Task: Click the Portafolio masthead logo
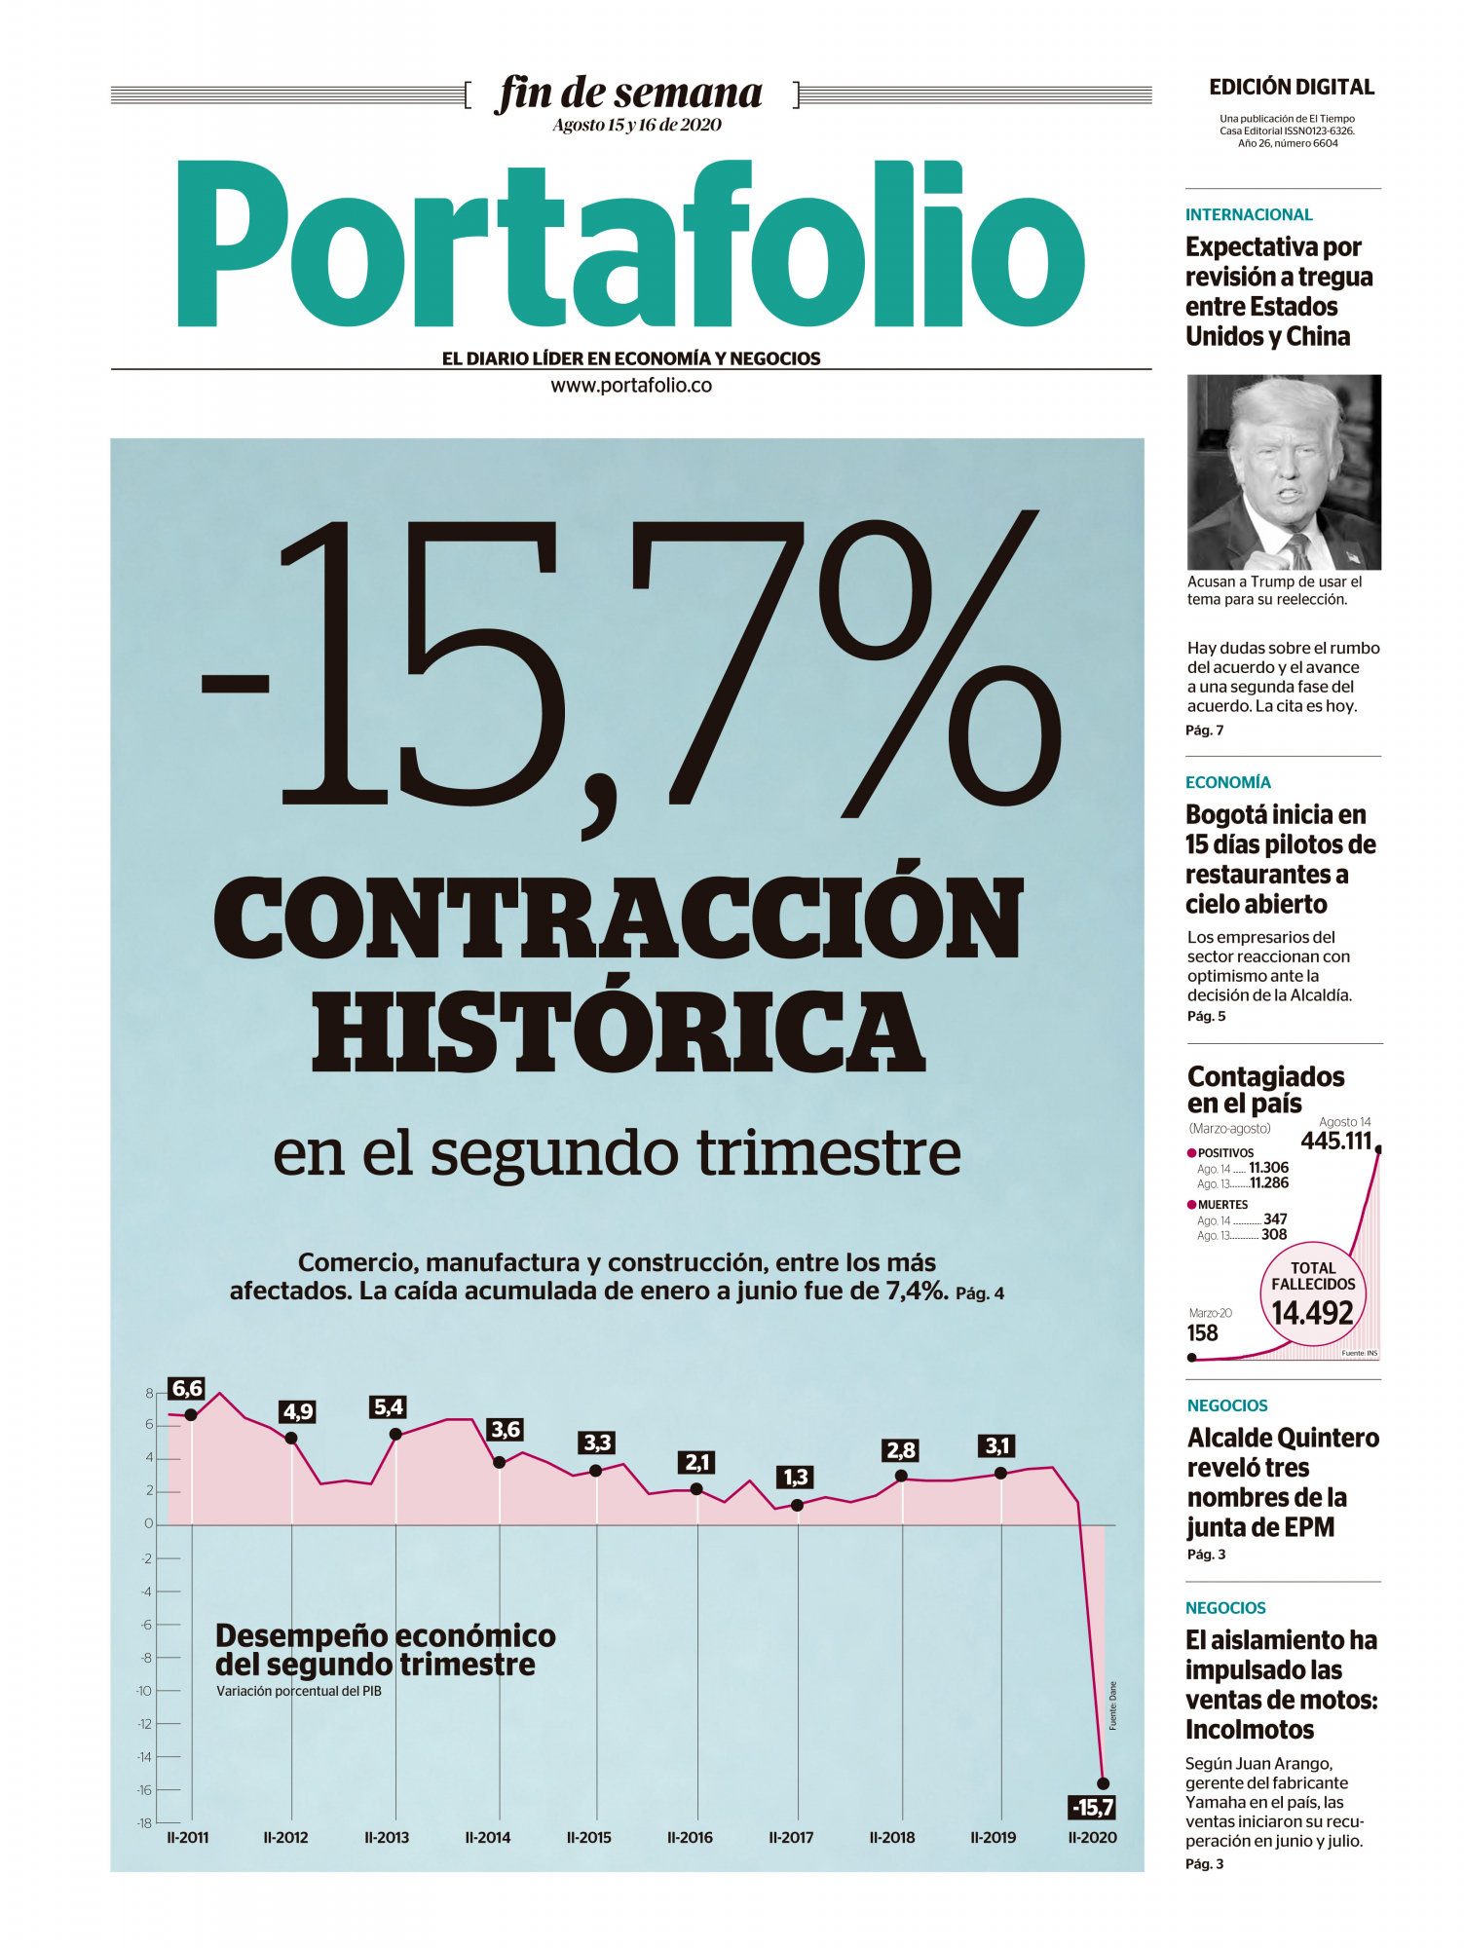(630, 245)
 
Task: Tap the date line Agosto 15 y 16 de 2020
(637, 125)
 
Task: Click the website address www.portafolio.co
(631, 386)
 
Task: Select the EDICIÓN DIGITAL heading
(1292, 88)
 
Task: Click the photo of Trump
(1284, 472)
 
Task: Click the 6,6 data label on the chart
(187, 1389)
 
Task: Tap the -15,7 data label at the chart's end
(1092, 1808)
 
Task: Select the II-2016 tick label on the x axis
(690, 1838)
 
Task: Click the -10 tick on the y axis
(144, 1691)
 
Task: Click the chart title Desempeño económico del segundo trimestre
(385, 1650)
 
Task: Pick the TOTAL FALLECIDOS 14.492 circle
(1313, 1294)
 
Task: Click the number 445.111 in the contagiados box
(1335, 1141)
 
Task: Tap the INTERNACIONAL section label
(1249, 214)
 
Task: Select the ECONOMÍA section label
(1227, 782)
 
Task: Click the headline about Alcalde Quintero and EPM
(1283, 1481)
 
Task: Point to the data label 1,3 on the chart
(796, 1478)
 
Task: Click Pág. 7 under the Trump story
(1204, 730)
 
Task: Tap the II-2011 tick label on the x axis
(187, 1838)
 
